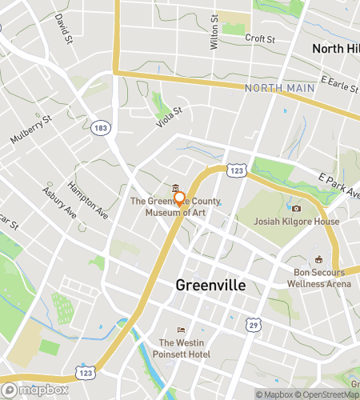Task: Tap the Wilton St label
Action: coord(214,35)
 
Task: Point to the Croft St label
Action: coord(260,38)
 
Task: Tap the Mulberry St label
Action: coord(30,130)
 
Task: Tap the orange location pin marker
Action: coord(180,199)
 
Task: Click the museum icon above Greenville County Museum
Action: coord(175,188)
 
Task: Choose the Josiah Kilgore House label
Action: coord(286,222)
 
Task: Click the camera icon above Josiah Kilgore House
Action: coord(296,208)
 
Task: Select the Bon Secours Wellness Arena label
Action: coord(319,277)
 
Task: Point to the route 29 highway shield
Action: coord(254,327)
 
